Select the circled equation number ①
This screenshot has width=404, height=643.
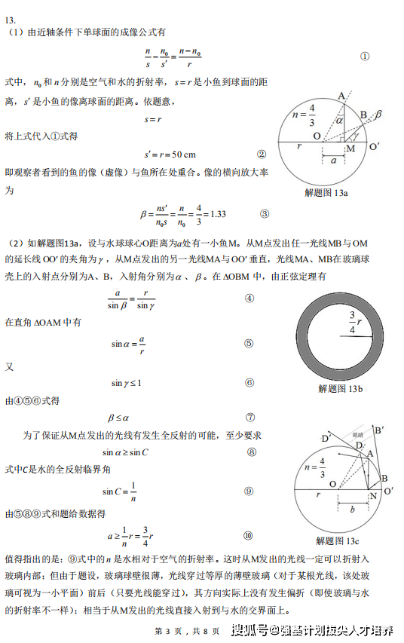pos(365,57)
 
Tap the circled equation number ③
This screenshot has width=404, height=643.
pos(264,213)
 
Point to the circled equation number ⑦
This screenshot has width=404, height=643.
pos(250,416)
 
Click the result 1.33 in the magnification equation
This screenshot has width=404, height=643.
pos(217,214)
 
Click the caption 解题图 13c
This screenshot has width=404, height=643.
pos(338,541)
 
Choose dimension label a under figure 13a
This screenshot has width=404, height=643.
pos(332,160)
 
